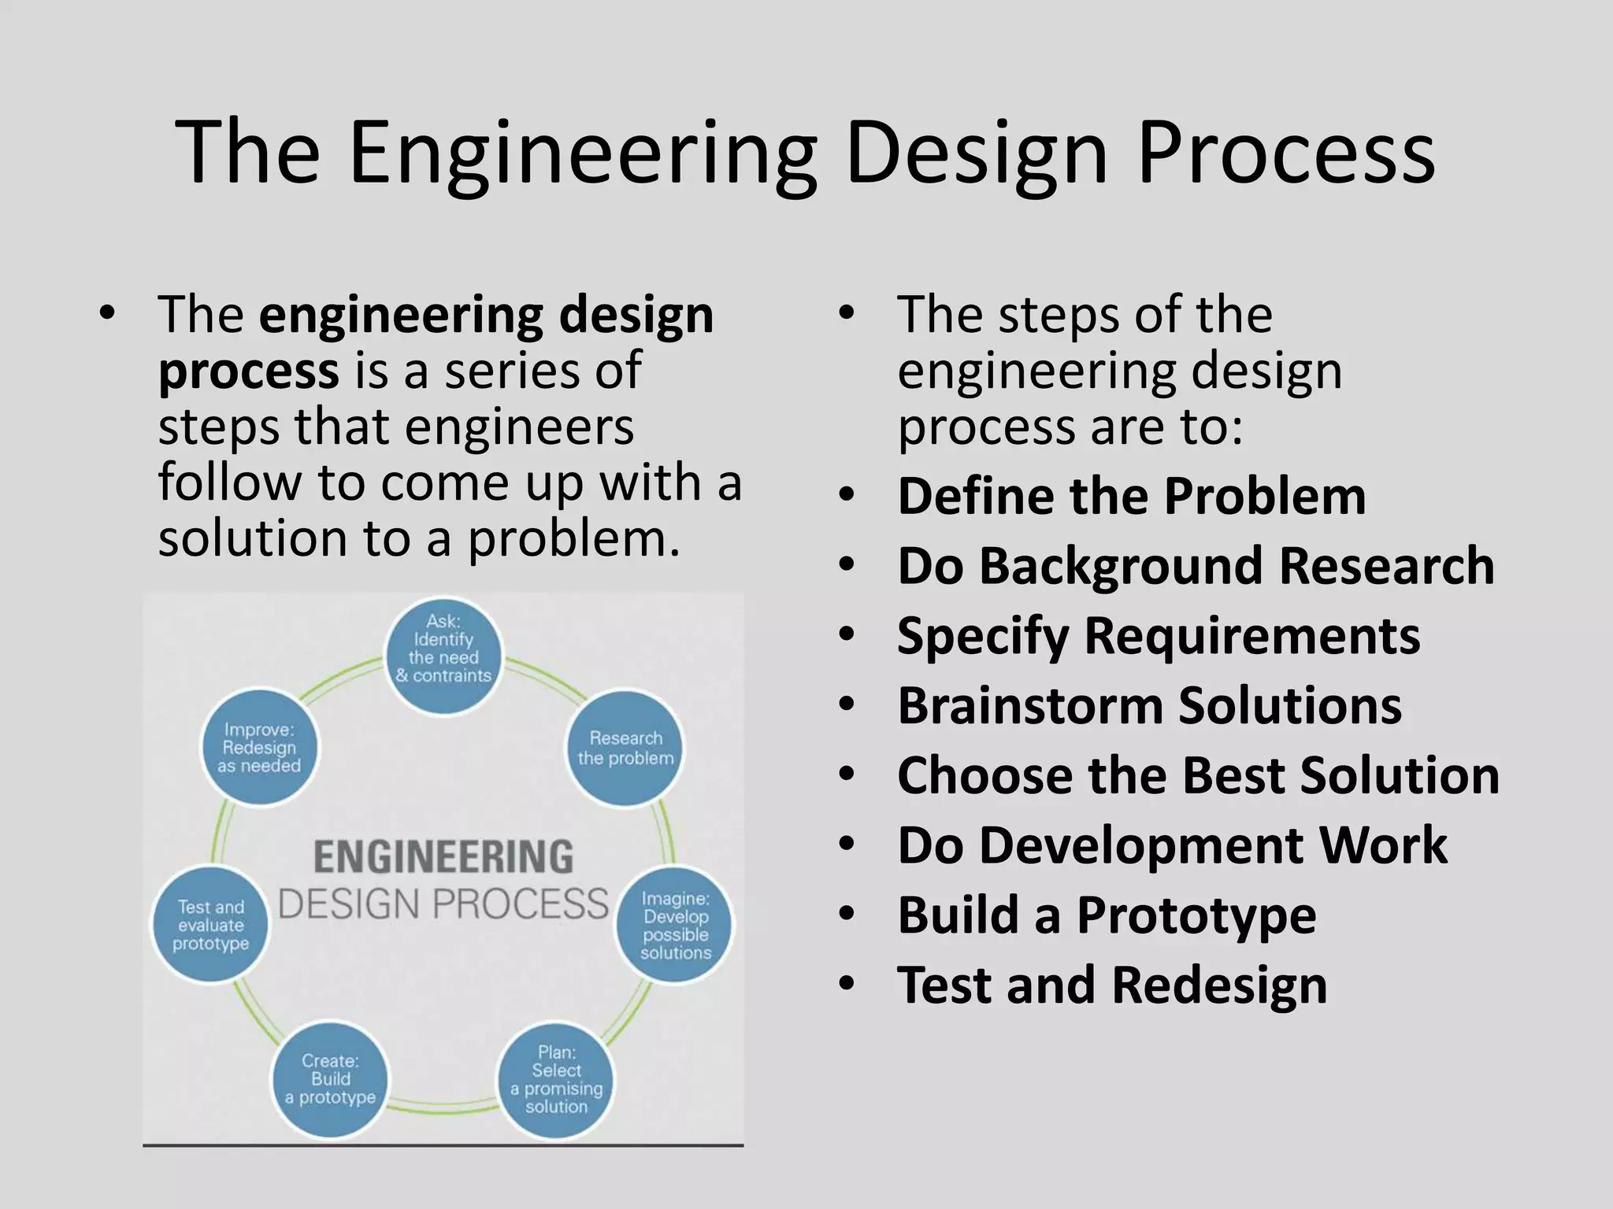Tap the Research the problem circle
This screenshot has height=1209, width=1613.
[x=625, y=748]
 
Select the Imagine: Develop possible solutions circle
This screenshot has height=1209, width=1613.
[x=675, y=925]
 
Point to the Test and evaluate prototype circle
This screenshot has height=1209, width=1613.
[x=210, y=925]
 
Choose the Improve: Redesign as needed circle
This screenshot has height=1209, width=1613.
[x=259, y=748]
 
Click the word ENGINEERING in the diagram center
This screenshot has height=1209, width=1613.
[x=443, y=857]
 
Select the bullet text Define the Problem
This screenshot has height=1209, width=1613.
[x=1131, y=497]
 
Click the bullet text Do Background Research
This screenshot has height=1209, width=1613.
[x=1195, y=566]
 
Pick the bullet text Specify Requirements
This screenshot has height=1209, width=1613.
[x=1158, y=636]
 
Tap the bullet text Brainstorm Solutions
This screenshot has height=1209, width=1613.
[x=1149, y=705]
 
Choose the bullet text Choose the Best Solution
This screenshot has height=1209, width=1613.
[x=1198, y=775]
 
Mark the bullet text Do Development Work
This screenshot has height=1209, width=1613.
[x=1172, y=845]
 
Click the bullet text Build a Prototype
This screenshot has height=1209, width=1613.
[x=1106, y=915]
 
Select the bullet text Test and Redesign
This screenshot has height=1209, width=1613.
[x=1111, y=985]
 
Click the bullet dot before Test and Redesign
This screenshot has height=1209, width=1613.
[x=847, y=985]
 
